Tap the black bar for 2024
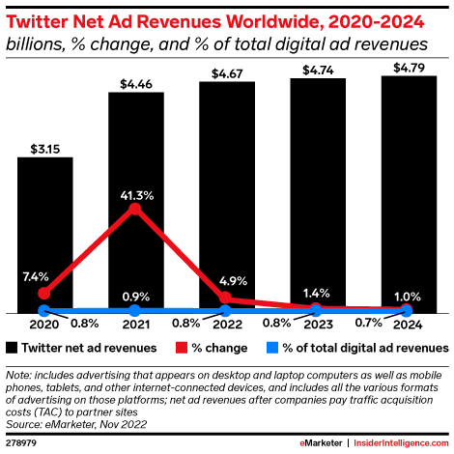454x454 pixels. (409, 193)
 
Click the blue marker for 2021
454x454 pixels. (135, 310)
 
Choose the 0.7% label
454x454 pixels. (363, 325)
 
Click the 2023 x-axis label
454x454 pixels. (317, 325)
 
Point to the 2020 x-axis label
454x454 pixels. (44, 325)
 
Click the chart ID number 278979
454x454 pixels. (23, 441)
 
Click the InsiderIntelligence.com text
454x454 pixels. (403, 441)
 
